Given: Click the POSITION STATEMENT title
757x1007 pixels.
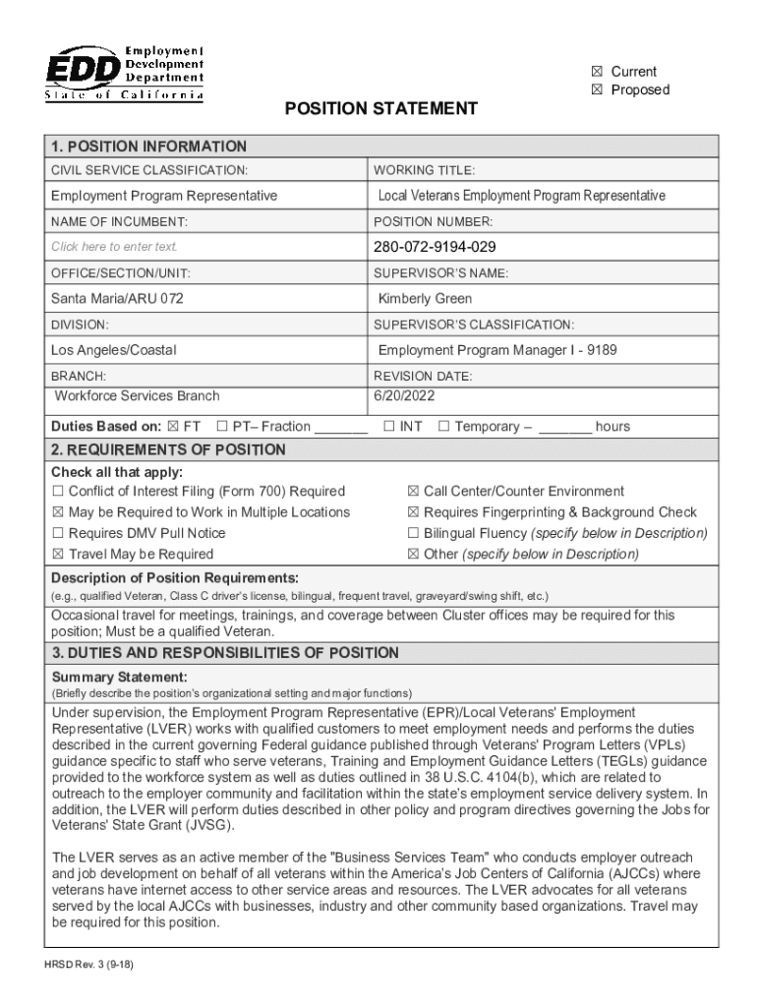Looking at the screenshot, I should pyautogui.click(x=380, y=108).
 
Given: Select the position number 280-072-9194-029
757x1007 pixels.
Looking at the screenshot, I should pyautogui.click(x=435, y=246).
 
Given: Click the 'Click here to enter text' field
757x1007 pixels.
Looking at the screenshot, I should pyautogui.click(x=115, y=247).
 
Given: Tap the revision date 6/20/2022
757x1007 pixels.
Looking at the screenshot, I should pyautogui.click(x=404, y=395).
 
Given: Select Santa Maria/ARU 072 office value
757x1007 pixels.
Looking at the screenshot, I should pyautogui.click(x=117, y=298).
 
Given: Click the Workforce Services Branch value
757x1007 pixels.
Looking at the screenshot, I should pyautogui.click(x=137, y=395).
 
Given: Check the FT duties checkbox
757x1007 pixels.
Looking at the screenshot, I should pyautogui.click(x=173, y=427).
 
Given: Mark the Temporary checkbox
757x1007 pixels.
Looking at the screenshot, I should pyautogui.click(x=443, y=427).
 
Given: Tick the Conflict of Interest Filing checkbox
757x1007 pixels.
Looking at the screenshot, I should pyautogui.click(x=58, y=492).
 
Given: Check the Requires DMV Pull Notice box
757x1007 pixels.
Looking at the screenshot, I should pyautogui.click(x=58, y=533).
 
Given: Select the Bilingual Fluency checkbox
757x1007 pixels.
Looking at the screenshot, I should pyautogui.click(x=413, y=533).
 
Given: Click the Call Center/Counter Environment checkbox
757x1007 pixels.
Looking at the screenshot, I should pyautogui.click(x=413, y=492).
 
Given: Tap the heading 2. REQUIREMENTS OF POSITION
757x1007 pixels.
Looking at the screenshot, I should pyautogui.click(x=168, y=450).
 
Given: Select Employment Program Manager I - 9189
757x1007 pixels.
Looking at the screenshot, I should pyautogui.click(x=497, y=350).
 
